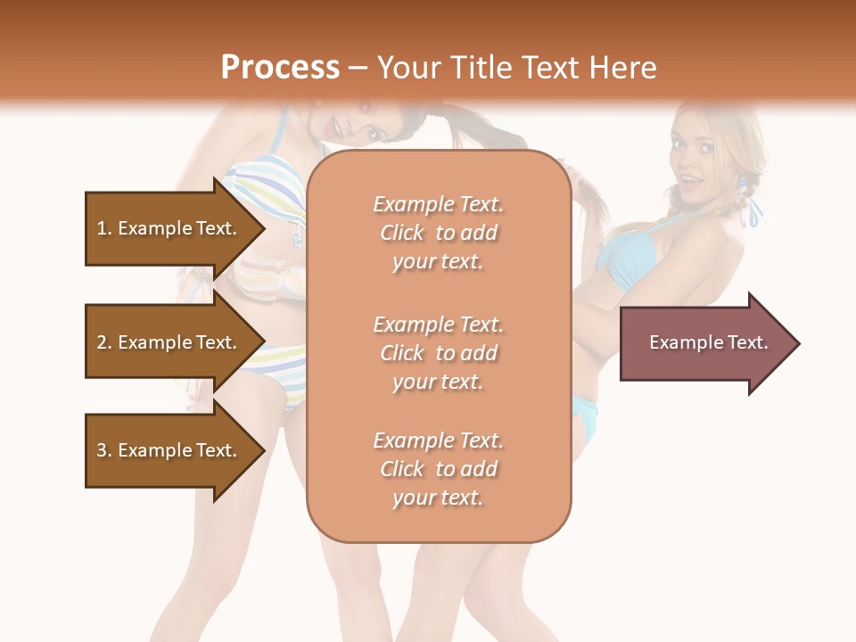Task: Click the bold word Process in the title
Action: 280,68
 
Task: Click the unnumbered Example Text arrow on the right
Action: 709,343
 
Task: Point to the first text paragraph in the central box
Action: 438,233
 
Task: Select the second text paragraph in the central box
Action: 438,353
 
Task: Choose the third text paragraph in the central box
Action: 438,469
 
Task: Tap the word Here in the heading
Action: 624,68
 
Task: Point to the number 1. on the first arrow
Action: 104,228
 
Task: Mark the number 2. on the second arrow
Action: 104,342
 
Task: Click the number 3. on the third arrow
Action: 104,450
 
